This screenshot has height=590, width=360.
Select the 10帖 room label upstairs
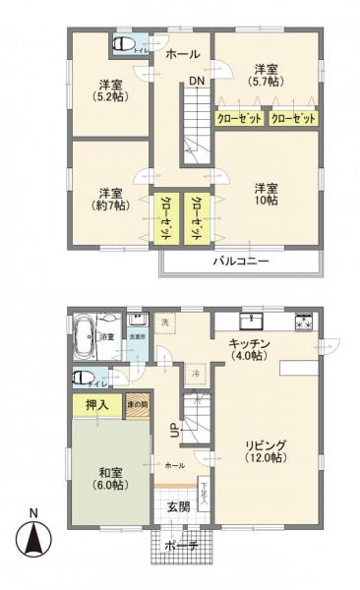pos(264,195)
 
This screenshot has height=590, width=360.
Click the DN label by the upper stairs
pos(197,81)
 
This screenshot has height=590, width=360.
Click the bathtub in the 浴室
pos(85,326)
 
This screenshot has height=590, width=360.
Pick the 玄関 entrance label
pos(178,506)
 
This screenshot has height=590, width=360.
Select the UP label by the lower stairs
pos(174,430)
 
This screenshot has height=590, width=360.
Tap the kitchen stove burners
pos(305,320)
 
